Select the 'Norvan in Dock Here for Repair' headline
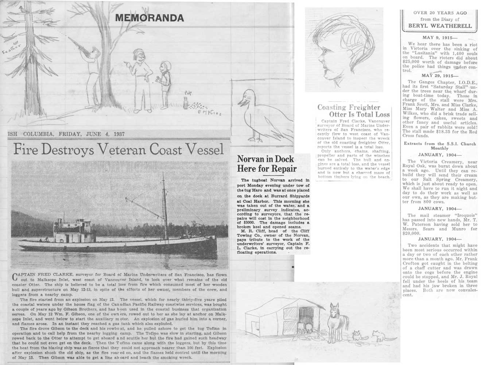[x=265, y=164]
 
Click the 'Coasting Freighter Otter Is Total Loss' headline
[x=353, y=111]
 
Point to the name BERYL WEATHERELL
[x=440, y=26]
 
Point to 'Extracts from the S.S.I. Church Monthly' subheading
[x=440, y=146]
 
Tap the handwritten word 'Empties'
[x=209, y=113]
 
